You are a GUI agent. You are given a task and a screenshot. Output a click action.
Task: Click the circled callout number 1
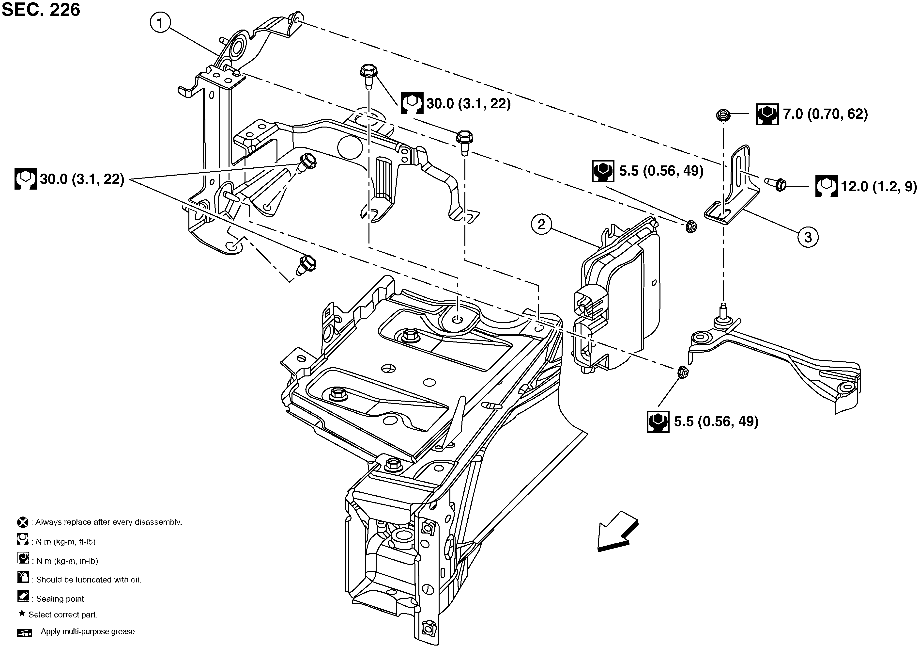pos(160,23)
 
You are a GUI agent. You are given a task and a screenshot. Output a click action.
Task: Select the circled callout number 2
pos(541,224)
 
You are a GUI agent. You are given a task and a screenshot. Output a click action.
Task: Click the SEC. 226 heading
pos(41,10)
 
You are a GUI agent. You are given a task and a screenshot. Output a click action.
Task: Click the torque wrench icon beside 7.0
pos(767,114)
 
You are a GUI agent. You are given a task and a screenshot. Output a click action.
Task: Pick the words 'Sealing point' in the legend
pos(60,599)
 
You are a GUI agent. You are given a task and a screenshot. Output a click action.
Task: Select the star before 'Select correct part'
pos(22,614)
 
